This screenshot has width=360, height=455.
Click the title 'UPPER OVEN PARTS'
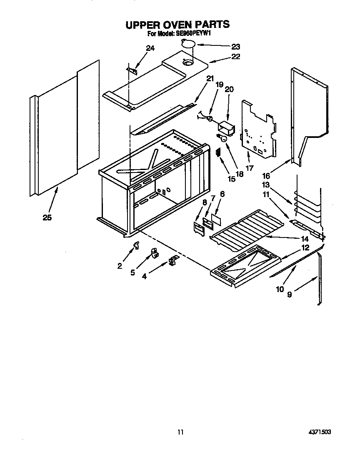(177, 25)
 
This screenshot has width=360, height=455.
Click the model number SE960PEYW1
(191, 34)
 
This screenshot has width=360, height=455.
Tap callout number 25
(47, 217)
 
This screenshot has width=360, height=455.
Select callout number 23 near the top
(236, 47)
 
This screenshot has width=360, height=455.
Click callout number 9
(289, 294)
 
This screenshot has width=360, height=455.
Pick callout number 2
(120, 266)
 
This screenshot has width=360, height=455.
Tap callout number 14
(305, 239)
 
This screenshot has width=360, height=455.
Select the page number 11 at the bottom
(180, 432)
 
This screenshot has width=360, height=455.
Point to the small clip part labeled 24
(132, 70)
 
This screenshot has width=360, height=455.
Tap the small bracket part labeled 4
(172, 261)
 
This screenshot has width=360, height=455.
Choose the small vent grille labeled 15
(217, 152)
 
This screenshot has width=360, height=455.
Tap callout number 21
(210, 78)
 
